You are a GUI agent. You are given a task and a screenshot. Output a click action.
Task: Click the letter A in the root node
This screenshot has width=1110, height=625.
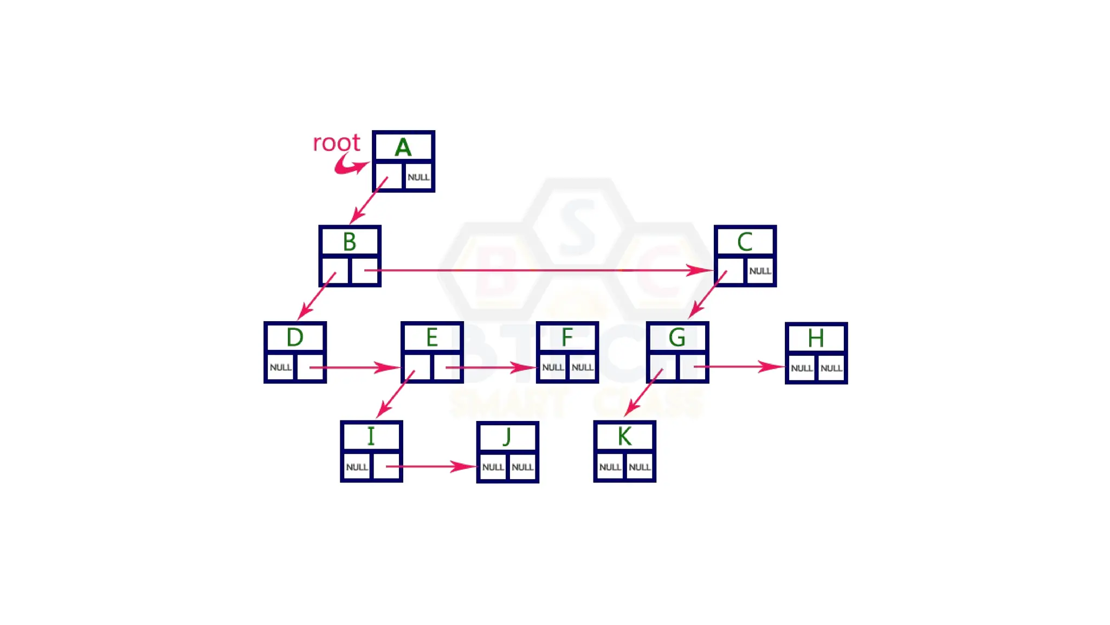point(403,147)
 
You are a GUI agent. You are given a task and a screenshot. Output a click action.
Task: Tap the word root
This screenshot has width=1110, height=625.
point(336,143)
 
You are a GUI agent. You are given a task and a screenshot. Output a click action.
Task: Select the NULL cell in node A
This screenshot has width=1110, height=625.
point(418,177)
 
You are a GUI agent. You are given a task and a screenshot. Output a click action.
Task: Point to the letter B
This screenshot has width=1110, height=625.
point(350,242)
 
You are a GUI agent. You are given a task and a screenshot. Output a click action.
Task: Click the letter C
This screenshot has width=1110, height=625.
point(745,242)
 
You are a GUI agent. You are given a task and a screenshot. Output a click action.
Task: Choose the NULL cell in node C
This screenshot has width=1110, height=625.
point(760,271)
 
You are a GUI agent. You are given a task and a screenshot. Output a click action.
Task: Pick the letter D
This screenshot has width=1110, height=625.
point(295,337)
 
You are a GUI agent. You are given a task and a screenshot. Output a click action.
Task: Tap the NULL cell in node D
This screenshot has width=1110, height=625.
point(280,368)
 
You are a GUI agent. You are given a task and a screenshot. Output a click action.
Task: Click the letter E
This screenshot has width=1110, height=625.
point(431,337)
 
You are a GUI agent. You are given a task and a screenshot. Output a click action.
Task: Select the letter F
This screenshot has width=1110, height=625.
point(567,337)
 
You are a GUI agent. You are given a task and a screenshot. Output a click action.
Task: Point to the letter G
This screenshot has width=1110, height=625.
point(677,337)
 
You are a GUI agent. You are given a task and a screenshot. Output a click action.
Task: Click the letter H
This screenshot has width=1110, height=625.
point(816,338)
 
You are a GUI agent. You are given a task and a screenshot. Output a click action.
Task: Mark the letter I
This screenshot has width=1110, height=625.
point(371,436)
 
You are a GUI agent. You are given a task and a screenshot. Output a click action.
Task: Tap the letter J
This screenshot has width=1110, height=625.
point(507,437)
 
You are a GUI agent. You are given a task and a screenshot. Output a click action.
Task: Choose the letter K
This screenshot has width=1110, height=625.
point(624,436)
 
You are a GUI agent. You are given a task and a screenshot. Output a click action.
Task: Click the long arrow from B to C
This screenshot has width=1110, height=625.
point(537,270)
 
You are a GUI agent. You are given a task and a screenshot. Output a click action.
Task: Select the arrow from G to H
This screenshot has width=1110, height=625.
point(740,367)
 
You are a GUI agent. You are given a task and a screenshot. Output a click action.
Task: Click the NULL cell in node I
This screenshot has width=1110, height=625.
point(357,467)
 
